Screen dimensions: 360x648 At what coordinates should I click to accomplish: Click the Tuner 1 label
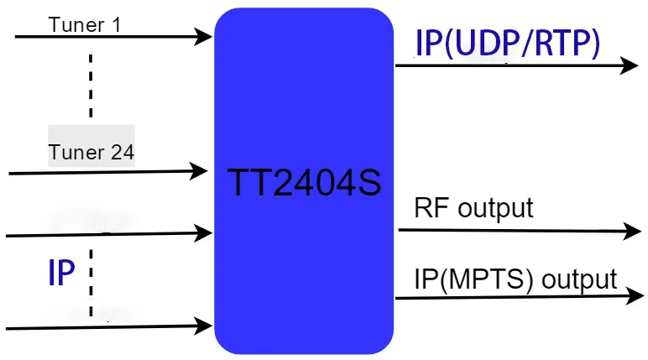pos(85,23)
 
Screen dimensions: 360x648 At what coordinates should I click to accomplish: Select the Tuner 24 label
pos(91,153)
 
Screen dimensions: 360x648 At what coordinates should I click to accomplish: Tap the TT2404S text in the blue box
pos(304,182)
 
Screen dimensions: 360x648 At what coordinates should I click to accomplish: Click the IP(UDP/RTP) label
pos(508,43)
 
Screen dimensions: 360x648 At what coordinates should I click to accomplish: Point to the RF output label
pos(473,207)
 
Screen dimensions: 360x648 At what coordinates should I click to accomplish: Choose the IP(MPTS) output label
pos(516,279)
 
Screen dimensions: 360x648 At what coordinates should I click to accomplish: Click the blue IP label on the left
pos(61,273)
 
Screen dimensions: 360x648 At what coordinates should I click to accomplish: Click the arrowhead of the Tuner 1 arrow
pos(203,36)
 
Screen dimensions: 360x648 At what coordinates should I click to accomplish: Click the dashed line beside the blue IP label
pos(90,281)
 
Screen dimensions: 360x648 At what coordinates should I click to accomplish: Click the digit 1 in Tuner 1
pos(116,23)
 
